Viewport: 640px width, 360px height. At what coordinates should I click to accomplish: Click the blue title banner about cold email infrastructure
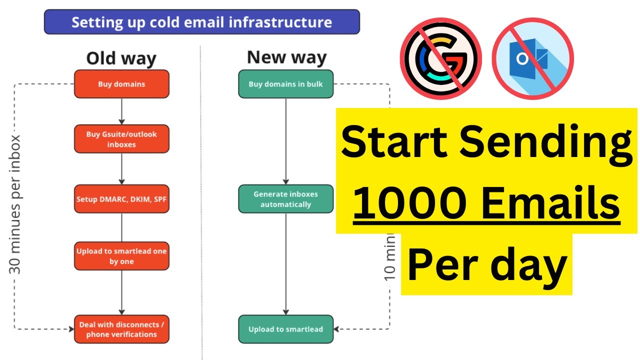point(201,22)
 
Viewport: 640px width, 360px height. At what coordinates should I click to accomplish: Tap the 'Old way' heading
point(121,58)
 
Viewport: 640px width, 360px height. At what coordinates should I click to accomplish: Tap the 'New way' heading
point(286,57)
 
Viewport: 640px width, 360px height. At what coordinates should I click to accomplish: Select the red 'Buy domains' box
point(121,84)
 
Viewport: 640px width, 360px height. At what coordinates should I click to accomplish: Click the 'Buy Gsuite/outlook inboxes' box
point(121,139)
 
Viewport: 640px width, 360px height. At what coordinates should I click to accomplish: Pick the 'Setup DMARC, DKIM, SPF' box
point(121,199)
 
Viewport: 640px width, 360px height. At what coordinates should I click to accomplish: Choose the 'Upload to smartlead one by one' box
point(121,256)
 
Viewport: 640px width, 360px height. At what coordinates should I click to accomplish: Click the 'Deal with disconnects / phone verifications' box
point(121,329)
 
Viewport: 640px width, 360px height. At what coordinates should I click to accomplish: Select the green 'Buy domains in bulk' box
point(285,84)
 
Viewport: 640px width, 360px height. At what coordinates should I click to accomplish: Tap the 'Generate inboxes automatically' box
point(285,199)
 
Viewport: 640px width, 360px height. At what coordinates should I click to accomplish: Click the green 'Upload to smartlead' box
point(285,329)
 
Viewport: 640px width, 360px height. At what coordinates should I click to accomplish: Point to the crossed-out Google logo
point(440,58)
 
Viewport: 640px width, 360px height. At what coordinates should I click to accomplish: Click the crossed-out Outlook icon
point(532,58)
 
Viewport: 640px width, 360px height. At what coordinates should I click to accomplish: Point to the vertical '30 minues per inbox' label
point(16,204)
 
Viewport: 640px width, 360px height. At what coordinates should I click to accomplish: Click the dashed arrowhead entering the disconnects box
point(70,329)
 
